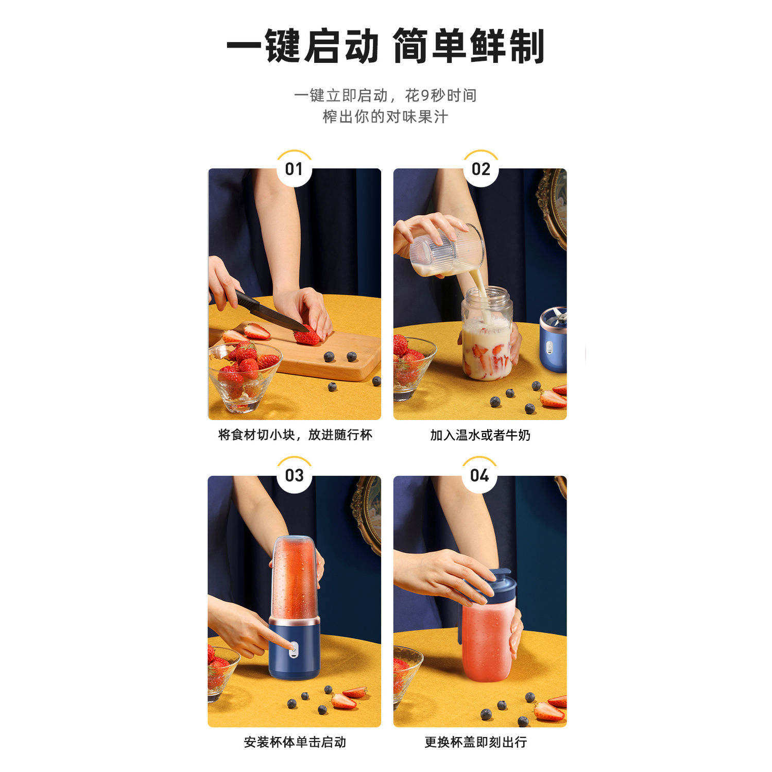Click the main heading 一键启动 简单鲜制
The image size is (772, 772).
[385, 47]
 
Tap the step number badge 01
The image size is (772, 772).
[294, 169]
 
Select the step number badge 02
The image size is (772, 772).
[481, 169]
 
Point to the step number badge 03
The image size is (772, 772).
[294, 475]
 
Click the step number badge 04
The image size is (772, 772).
[479, 475]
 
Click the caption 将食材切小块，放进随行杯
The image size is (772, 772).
[295, 435]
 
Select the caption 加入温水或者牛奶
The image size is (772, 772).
[480, 435]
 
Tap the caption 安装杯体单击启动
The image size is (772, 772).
[295, 742]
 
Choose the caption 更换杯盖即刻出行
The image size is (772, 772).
[475, 742]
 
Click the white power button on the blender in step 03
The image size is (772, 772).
[293, 650]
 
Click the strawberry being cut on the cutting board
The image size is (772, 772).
[307, 337]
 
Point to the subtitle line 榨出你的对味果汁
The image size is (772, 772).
[385, 117]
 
